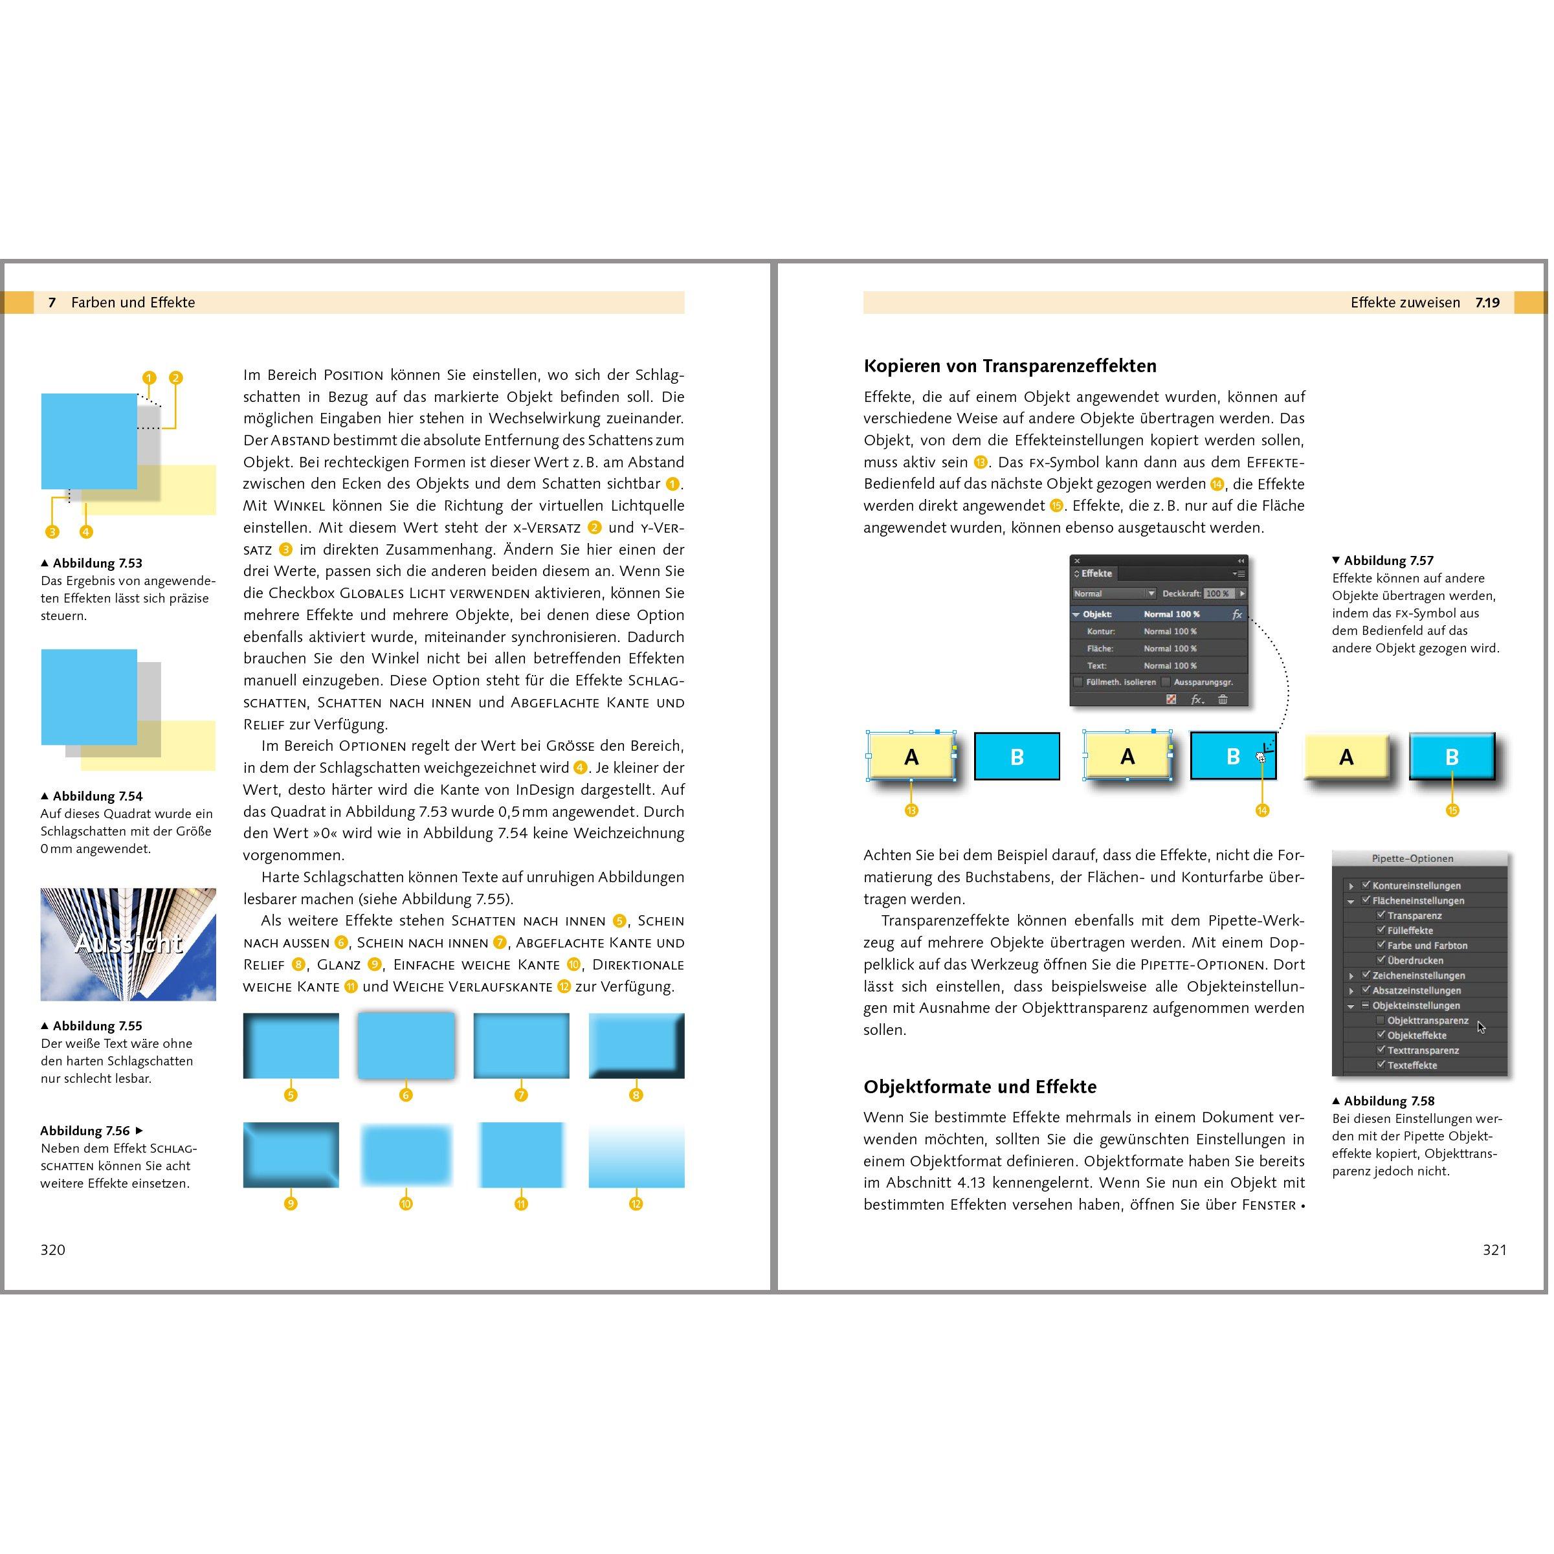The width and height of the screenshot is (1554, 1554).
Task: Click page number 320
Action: coord(53,1249)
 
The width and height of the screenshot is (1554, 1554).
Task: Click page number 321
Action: coord(1494,1249)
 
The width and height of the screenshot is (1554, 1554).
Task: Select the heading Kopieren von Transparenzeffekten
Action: coord(1010,366)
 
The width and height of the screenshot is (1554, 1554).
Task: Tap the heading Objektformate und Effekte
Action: coord(980,1087)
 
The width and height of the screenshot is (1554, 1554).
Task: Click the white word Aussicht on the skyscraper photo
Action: coord(128,943)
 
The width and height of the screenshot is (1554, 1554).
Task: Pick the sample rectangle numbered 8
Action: coord(636,1046)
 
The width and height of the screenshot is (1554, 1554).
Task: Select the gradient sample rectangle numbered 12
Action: coord(636,1155)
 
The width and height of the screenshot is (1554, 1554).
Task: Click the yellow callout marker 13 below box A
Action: coord(911,810)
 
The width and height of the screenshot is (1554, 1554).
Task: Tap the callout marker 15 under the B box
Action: coord(1452,810)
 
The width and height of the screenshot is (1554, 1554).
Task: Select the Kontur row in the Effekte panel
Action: coord(1159,632)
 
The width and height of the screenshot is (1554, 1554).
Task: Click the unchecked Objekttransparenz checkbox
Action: coord(1381,1020)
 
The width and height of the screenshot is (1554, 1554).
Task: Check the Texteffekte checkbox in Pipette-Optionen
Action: coord(1381,1065)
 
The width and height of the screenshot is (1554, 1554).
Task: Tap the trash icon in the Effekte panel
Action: coord(1223,700)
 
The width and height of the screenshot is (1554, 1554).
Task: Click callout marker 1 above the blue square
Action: coord(149,378)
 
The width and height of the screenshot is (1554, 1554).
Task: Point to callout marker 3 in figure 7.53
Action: coord(52,531)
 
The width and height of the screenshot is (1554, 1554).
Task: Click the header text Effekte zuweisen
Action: coord(1405,302)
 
